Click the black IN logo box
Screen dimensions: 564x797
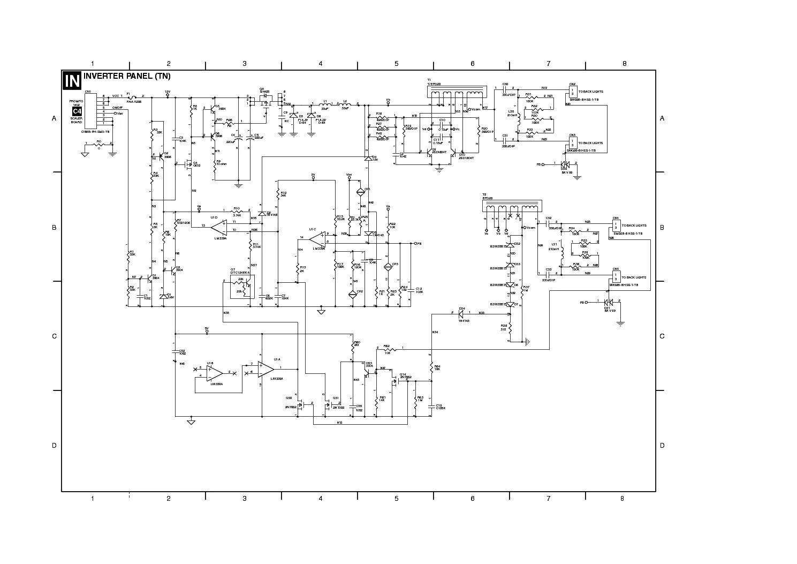tap(72, 80)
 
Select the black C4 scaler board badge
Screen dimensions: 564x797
tap(77, 111)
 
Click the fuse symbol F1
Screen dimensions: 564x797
tap(132, 97)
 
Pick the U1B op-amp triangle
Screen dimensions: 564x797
tap(215, 372)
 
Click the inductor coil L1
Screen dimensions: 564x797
tap(325, 103)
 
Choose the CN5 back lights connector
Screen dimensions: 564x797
tap(616, 277)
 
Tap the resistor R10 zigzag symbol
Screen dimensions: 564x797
tap(237, 211)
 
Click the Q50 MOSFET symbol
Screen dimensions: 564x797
tap(301, 405)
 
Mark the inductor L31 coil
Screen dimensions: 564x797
tap(563, 256)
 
